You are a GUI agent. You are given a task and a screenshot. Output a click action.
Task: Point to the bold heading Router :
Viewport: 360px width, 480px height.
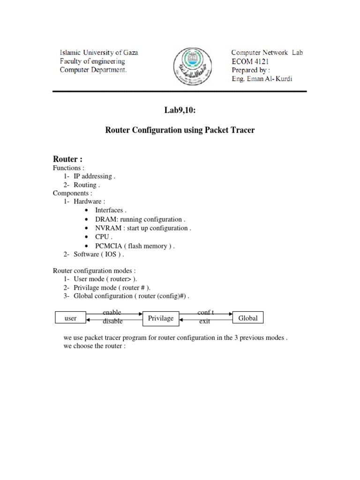pos(67,159)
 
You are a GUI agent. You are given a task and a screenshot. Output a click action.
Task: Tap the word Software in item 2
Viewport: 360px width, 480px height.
pos(86,255)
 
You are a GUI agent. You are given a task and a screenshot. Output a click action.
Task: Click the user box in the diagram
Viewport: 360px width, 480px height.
pos(70,318)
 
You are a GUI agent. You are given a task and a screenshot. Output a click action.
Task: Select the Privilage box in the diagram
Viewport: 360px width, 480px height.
pos(161,318)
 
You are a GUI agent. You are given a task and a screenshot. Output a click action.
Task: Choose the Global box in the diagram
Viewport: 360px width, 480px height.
pos(248,318)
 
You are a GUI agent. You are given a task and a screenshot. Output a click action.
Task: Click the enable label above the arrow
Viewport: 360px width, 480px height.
pos(112,312)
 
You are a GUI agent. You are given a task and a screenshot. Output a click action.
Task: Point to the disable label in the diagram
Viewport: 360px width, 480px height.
pos(112,322)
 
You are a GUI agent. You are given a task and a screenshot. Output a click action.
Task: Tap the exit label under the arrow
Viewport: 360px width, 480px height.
pos(204,322)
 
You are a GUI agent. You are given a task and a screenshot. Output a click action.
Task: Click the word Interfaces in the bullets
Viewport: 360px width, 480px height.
pos(110,210)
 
